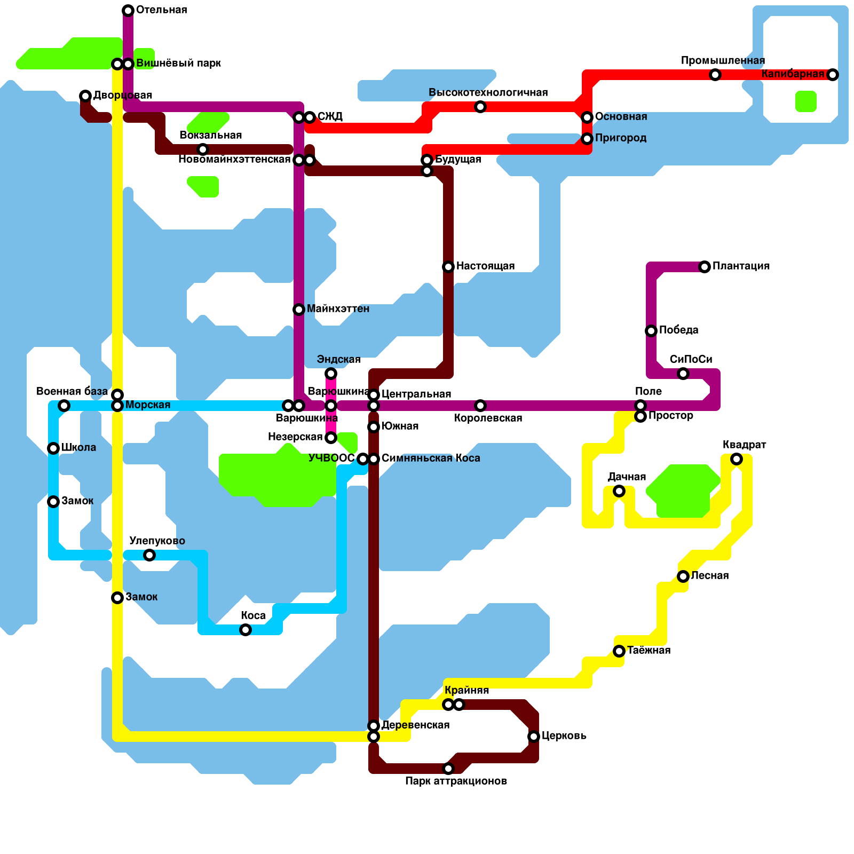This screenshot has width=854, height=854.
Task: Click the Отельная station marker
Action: pyautogui.click(x=128, y=11)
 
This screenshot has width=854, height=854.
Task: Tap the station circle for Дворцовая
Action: pyautogui.click(x=85, y=96)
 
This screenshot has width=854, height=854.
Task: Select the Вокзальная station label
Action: pyautogui.click(x=210, y=136)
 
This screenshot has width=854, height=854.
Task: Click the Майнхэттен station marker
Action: pyautogui.click(x=299, y=310)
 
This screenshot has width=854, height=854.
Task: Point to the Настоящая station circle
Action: pyautogui.click(x=448, y=267)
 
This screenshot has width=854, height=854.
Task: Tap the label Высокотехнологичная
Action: pyautogui.click(x=488, y=93)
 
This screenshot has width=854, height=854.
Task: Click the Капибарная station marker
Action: pyautogui.click(x=833, y=75)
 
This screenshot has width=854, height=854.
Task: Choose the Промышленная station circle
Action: pyautogui.click(x=715, y=75)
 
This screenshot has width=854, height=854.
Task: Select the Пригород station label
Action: pyautogui.click(x=621, y=138)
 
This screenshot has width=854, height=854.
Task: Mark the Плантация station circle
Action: pyautogui.click(x=705, y=267)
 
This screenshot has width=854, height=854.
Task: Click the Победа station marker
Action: pyautogui.click(x=651, y=331)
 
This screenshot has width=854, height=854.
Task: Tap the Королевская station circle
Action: pyautogui.click(x=480, y=406)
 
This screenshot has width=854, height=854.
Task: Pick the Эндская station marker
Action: pyautogui.click(x=331, y=374)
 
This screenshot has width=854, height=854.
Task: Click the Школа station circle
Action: pyautogui.click(x=53, y=448)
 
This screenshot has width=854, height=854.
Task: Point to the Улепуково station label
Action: pyautogui.click(x=157, y=541)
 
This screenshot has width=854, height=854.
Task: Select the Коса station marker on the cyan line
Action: pyautogui.click(x=246, y=630)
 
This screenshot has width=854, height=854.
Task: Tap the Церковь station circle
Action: pyautogui.click(x=534, y=737)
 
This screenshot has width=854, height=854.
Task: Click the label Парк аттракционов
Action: pyautogui.click(x=456, y=781)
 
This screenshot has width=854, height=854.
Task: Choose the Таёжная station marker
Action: pyautogui.click(x=619, y=651)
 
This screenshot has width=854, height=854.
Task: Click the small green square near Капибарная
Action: pyautogui.click(x=806, y=101)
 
